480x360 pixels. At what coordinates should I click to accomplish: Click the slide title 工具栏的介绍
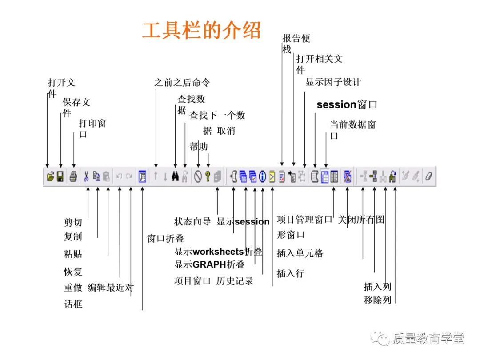201,30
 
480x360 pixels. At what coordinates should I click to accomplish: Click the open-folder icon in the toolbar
50,176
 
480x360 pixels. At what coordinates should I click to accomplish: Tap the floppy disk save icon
60,176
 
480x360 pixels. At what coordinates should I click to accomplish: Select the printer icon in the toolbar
73,176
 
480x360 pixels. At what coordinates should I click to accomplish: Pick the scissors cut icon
86,176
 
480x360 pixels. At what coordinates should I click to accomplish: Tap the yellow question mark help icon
207,176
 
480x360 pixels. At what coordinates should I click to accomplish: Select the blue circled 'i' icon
262,176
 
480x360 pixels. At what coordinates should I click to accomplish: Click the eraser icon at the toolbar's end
428,176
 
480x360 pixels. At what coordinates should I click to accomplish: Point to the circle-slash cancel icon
198,176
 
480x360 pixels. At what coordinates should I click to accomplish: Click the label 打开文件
61,83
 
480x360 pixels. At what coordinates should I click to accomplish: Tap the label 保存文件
76,103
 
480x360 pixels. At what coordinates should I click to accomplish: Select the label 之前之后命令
182,82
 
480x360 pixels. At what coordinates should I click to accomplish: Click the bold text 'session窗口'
347,105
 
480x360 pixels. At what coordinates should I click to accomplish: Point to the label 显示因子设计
333,82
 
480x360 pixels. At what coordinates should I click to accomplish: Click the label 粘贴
73,254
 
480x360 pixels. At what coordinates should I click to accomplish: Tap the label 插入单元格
300,253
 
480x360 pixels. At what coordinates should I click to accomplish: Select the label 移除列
377,300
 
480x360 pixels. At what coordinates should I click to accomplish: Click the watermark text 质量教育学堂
428,339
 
